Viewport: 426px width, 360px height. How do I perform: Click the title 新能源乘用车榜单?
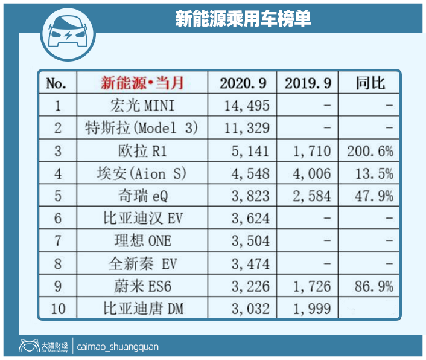pyautogui.click(x=243, y=19)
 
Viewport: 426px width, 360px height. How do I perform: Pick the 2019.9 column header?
pyautogui.click(x=307, y=83)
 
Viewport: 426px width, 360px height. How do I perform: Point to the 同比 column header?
pyautogui.click(x=370, y=83)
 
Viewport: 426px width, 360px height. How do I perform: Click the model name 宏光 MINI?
pyautogui.click(x=142, y=106)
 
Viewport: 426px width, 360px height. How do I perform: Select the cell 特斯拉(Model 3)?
pyautogui.click(x=142, y=129)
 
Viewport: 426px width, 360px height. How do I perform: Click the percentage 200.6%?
pyautogui.click(x=370, y=151)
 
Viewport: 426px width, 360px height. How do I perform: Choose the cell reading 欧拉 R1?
pyautogui.click(x=142, y=151)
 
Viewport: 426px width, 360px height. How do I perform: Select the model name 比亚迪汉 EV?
pyautogui.click(x=142, y=219)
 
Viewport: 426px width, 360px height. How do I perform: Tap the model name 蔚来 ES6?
pyautogui.click(x=142, y=286)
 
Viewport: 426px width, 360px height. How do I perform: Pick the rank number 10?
pyautogui.click(x=59, y=309)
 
